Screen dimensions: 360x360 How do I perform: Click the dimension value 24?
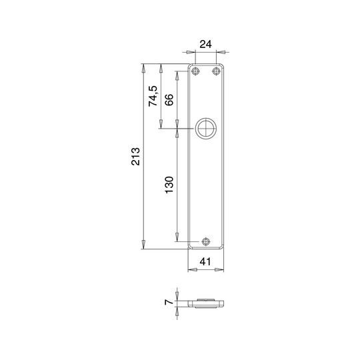205,44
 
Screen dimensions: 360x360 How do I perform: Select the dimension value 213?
135,157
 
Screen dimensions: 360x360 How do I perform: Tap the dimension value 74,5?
153,96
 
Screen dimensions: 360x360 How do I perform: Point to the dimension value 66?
169,99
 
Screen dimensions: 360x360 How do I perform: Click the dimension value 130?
169,185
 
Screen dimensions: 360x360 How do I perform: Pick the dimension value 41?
205,261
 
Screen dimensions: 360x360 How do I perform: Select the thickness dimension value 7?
169,302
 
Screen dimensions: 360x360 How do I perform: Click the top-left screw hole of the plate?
195,71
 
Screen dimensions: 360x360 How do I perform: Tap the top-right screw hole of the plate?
216,71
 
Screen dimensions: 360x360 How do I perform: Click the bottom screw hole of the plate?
206,241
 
